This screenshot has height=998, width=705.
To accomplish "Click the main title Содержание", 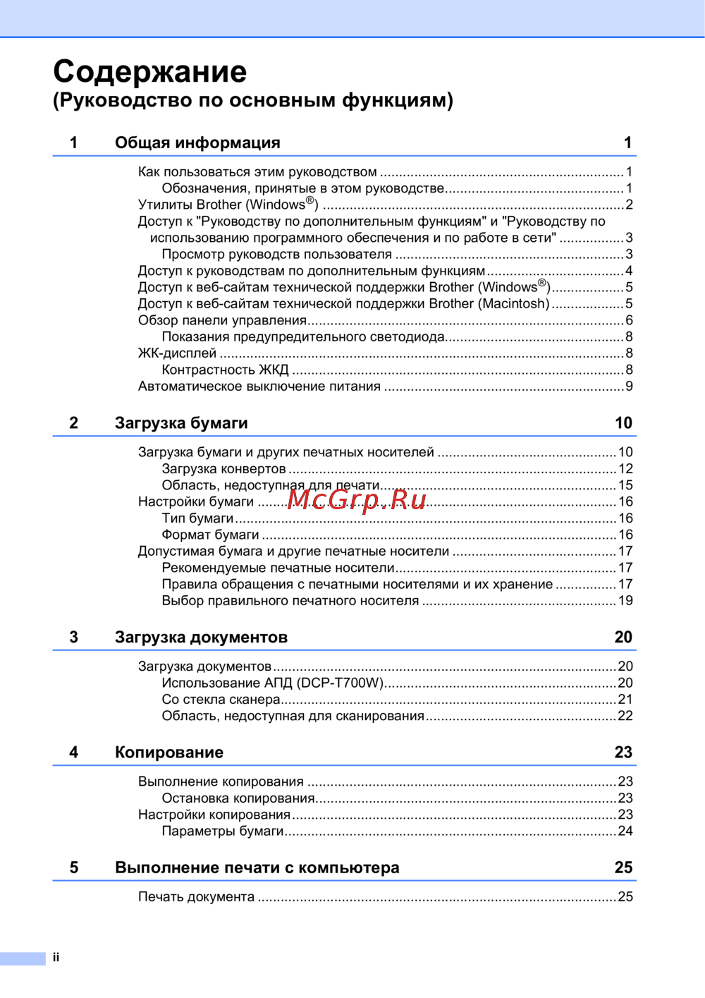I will coord(150,71).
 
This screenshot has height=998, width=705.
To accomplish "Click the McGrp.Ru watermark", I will coord(357,499).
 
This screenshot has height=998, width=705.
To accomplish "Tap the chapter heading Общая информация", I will coord(197,142).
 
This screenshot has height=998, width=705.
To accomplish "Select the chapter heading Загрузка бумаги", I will coord(181,422).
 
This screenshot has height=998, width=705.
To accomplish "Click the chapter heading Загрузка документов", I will coord(201,637).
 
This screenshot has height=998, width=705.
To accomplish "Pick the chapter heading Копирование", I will coord(169,752).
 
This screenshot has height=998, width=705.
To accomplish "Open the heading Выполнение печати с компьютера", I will coord(257,868).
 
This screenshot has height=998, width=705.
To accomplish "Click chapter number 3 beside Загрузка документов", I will coord(74,637).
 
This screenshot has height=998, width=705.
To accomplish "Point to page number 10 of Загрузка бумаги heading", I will coord(623,422).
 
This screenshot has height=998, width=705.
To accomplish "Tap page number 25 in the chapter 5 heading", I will coord(623,868).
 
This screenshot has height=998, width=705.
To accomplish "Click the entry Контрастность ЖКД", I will coord(225,370).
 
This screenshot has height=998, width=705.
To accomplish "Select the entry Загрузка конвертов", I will coord(223,468).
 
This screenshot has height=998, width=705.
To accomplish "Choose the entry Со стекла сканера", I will coord(221,699).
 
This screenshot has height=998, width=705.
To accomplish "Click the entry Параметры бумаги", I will coord(222,831).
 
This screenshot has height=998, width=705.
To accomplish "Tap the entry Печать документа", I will coord(196,896).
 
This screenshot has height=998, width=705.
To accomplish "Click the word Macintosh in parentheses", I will coord(514,303).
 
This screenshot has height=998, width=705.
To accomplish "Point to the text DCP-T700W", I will coord(341,683).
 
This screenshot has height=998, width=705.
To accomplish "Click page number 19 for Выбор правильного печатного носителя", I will coord(625,600).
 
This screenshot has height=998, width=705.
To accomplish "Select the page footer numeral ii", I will coord(56,957).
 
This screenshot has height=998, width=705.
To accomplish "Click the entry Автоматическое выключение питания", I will coord(259,386).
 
